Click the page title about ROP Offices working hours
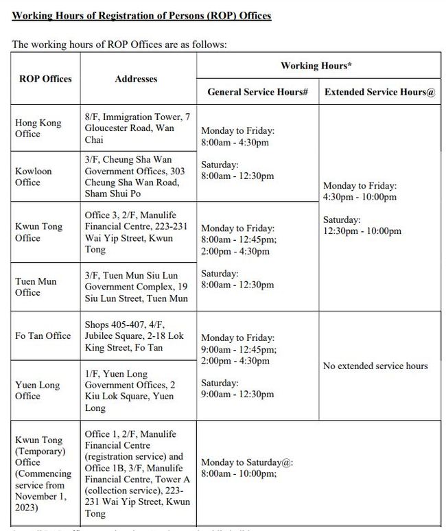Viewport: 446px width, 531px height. click(x=141, y=16)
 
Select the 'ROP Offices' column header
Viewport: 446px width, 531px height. click(x=45, y=79)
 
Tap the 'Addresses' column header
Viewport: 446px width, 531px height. click(x=136, y=79)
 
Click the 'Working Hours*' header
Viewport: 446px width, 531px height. click(x=317, y=66)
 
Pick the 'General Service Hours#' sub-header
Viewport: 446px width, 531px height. click(x=257, y=92)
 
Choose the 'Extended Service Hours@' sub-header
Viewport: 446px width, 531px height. click(x=379, y=92)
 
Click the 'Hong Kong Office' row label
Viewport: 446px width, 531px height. click(x=38, y=128)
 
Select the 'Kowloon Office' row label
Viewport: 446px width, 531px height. click(x=33, y=176)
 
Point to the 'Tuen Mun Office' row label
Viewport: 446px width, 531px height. click(x=36, y=287)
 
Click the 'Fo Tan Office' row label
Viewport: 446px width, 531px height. click(x=43, y=335)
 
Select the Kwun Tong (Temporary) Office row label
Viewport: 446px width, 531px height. click(x=43, y=474)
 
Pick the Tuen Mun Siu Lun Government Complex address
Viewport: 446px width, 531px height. click(x=136, y=287)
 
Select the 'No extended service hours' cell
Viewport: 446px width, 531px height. click(x=375, y=366)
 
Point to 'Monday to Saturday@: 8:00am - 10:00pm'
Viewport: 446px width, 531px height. click(x=247, y=468)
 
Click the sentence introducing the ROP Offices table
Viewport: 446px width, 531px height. click(x=119, y=45)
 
